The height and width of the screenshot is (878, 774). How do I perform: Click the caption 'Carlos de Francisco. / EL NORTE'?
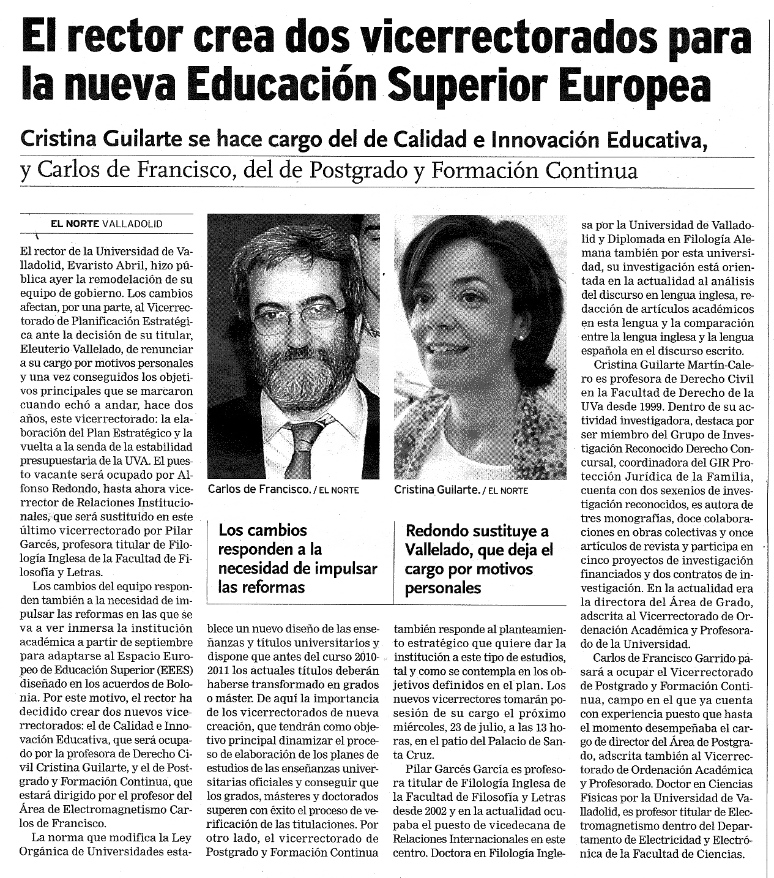pos(283,489)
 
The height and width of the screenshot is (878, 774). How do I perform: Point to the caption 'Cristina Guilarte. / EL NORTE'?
pos(461,490)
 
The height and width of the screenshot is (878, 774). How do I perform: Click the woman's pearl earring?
pos(521,337)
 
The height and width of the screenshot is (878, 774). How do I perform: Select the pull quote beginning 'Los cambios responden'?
pos(297,558)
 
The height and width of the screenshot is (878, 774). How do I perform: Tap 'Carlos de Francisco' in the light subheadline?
pos(134,170)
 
